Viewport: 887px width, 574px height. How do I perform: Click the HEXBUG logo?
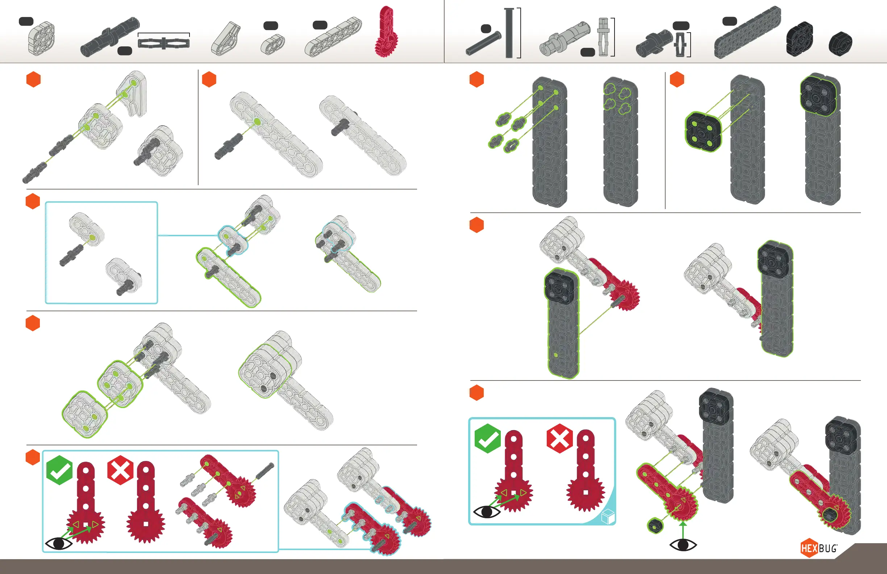click(x=819, y=548)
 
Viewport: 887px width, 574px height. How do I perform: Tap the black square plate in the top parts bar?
click(x=799, y=39)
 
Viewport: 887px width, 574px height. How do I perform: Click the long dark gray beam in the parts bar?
click(x=747, y=32)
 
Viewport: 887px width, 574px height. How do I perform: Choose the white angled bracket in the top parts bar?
click(x=226, y=38)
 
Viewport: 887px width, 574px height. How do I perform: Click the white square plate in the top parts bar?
click(x=41, y=38)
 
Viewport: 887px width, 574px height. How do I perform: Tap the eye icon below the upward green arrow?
click(x=683, y=545)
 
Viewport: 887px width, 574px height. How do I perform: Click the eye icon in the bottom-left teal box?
click(x=58, y=544)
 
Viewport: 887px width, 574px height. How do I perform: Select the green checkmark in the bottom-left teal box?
click(x=60, y=470)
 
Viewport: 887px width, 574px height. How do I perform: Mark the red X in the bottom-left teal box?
click(x=120, y=470)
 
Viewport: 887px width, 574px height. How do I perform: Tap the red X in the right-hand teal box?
click(x=560, y=438)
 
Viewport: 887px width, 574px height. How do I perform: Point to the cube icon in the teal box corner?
click(x=608, y=517)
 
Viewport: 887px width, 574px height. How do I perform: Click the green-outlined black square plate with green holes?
click(x=703, y=132)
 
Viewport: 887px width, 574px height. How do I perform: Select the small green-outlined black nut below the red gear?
click(x=656, y=525)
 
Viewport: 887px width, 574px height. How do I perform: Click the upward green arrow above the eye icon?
click(x=683, y=529)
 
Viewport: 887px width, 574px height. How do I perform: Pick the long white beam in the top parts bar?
click(x=333, y=37)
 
